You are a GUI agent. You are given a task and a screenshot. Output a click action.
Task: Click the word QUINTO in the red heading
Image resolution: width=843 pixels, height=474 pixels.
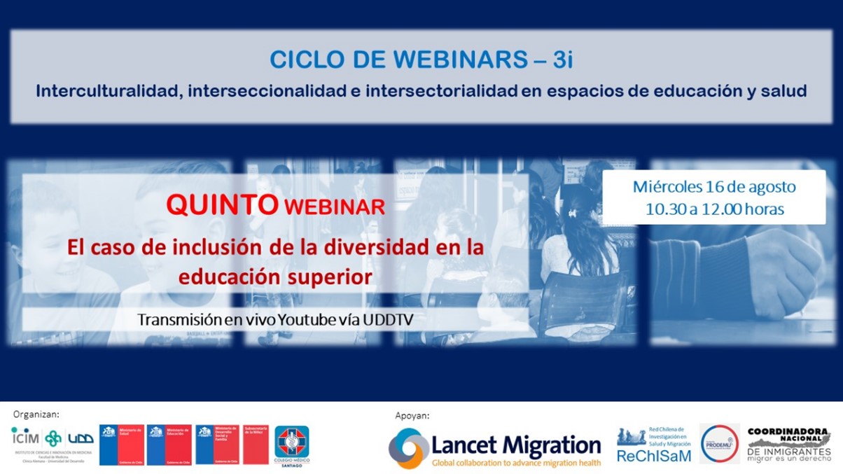pos(221,205)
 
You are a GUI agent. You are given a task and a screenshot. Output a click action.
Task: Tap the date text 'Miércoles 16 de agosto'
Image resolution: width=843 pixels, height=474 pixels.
pos(714,187)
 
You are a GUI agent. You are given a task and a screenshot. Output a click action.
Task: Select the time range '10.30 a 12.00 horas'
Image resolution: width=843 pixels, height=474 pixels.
pos(714,209)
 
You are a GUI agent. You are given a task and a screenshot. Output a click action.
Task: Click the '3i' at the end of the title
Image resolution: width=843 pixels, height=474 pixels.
pos(562,60)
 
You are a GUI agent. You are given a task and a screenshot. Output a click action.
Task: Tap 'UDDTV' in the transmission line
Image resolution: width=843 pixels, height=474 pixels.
pos(399,319)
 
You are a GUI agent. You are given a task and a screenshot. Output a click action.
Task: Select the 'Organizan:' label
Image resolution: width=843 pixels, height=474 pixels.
pos(36,414)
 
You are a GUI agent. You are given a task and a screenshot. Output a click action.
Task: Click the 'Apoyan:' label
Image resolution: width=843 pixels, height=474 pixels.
pos(412,416)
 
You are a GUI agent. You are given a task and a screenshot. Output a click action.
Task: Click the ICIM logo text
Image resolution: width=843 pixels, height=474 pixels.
pos(25,438)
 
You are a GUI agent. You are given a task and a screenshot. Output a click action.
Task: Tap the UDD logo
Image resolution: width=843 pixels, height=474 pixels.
pos(81,438)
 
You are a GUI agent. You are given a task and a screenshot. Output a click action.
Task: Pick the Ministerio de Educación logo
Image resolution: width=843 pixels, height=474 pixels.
pos(169,444)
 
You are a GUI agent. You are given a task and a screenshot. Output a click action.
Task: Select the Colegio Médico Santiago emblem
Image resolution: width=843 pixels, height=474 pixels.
pos(291,445)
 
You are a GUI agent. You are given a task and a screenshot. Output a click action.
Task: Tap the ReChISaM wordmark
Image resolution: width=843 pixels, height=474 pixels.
pos(653,456)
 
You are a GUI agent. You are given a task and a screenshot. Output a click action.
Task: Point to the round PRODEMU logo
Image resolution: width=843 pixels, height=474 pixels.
pos(718,443)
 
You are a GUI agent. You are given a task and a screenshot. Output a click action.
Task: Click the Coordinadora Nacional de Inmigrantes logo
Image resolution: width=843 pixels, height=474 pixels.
pos(788,444)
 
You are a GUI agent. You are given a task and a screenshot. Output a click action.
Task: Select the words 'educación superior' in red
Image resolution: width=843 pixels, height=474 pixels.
pos(274,277)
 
